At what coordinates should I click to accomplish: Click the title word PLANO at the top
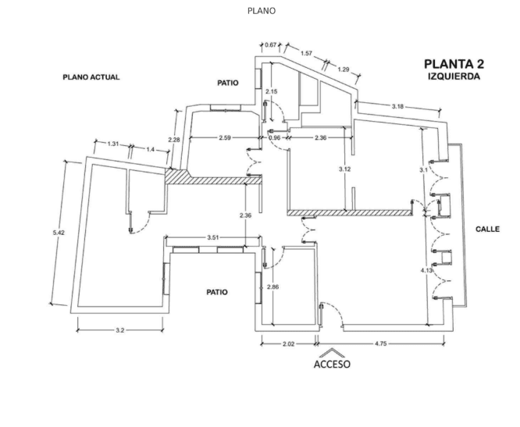(261, 11)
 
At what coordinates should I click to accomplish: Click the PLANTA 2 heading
(454, 65)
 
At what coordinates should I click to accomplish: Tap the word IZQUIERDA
(454, 77)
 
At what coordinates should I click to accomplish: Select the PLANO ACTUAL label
(91, 78)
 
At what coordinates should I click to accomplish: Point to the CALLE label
(488, 230)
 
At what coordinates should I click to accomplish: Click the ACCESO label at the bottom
(332, 364)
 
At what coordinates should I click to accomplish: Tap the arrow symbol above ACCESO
(332, 352)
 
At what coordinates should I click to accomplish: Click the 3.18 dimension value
(397, 107)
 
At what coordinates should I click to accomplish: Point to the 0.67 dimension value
(272, 44)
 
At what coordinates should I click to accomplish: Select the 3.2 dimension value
(119, 331)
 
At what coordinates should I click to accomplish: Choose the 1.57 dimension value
(306, 53)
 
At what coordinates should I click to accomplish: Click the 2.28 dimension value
(173, 141)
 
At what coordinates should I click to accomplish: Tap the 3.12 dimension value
(344, 169)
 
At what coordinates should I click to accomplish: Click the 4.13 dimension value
(426, 270)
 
